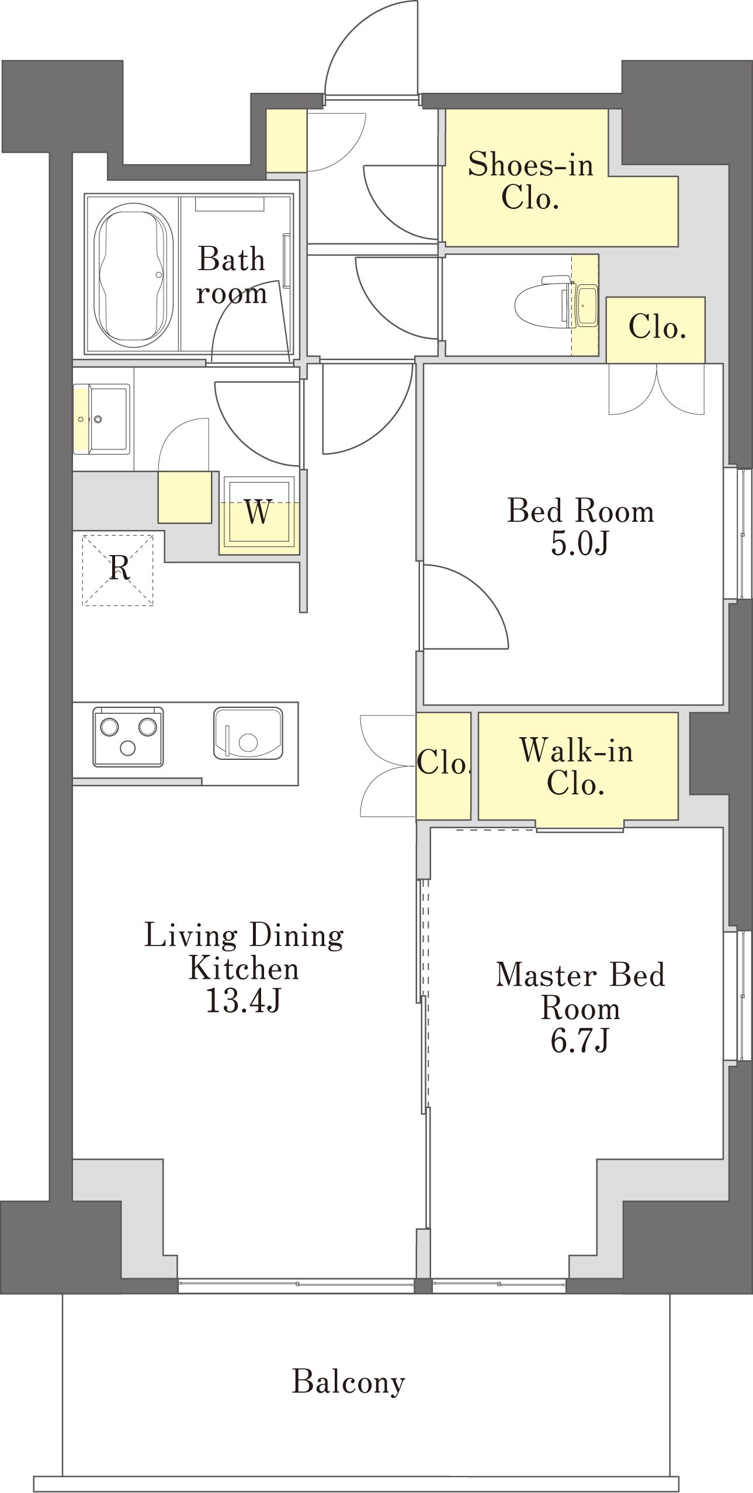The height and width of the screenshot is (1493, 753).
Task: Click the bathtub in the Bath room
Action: pos(134,274)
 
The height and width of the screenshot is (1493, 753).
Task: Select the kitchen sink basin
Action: pos(248,733)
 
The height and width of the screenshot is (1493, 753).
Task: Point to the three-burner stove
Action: pos(128,737)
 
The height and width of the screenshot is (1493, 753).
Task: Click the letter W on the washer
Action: pos(258,512)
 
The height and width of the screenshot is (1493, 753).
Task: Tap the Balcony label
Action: pos(348,1382)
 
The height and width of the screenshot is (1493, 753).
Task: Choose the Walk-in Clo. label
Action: pos(577,766)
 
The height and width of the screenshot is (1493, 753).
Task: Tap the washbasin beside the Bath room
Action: pos(102,418)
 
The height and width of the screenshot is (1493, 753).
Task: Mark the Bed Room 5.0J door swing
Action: pos(466,607)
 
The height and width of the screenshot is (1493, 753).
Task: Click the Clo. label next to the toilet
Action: pos(657,327)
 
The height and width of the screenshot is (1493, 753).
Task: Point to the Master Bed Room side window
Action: pos(737,995)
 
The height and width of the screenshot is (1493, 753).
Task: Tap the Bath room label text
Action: pos(231,275)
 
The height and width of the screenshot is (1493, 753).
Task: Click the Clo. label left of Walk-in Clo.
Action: pos(444,762)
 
